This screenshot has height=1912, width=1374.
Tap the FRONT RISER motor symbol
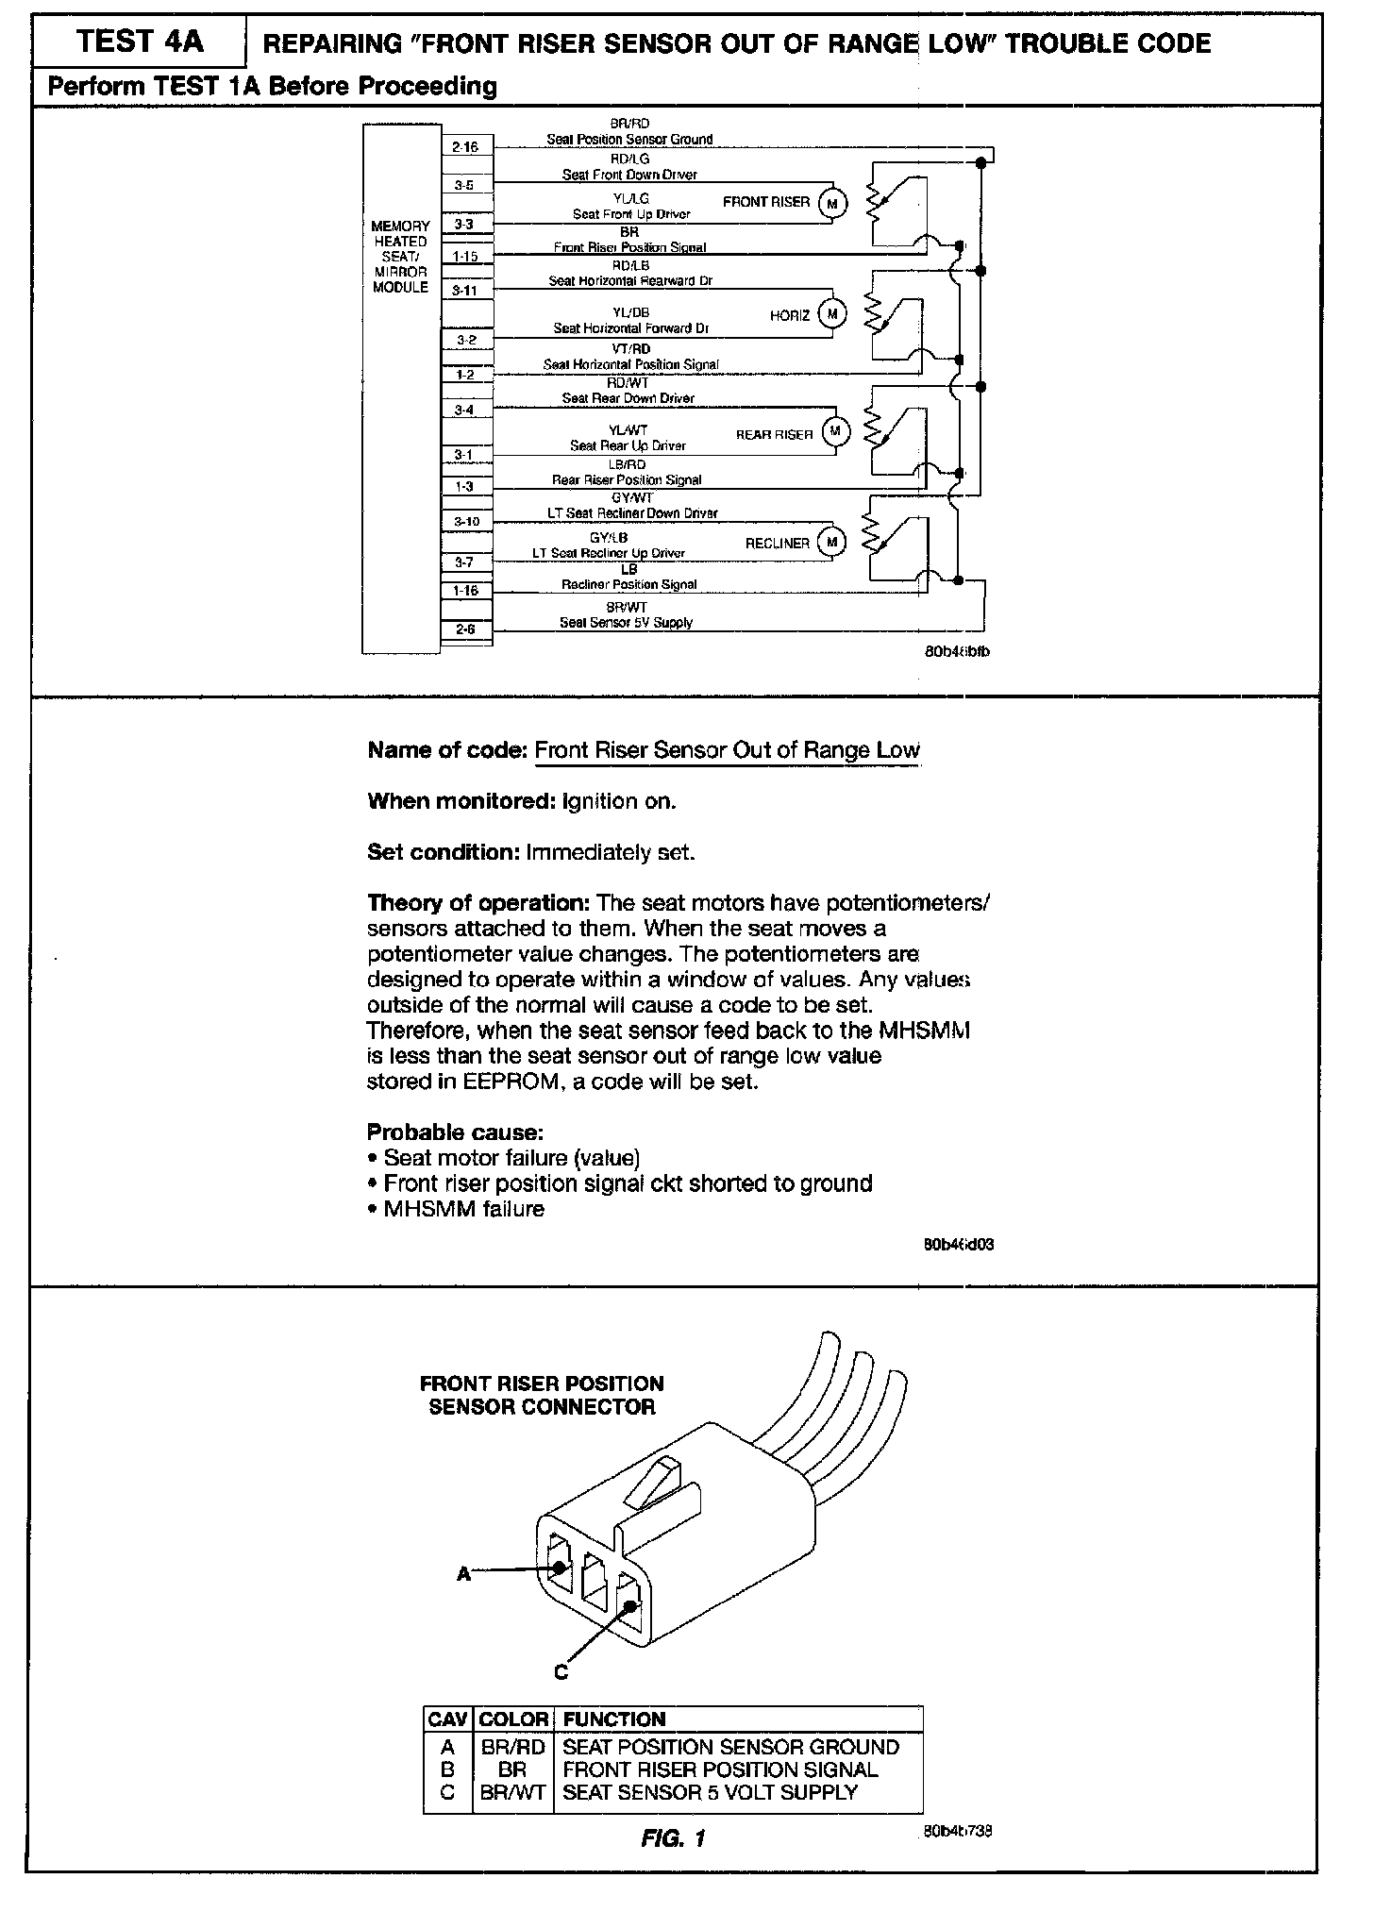pos(832,203)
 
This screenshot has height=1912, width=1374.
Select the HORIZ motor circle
pos(832,314)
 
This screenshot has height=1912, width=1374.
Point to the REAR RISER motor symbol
pos(835,432)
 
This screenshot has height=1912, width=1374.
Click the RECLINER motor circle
pos(832,543)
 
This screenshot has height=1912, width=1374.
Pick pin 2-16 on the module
pos(465,146)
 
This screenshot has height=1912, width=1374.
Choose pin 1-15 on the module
pos(465,256)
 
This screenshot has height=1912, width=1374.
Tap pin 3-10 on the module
pos(466,521)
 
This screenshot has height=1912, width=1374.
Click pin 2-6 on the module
pos(465,629)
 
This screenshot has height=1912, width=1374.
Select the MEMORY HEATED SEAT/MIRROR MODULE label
pos(401,257)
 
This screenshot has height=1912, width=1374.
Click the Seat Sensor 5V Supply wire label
pos(626,622)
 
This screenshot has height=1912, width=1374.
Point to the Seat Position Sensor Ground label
pos(629,139)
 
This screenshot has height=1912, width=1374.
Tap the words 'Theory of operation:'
pos(478,903)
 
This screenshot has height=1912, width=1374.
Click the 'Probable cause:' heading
pos(455,1132)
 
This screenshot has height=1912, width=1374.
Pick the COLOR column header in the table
pos(513,1719)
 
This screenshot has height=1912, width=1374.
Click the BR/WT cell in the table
pos(513,1792)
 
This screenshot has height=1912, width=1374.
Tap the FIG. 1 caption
pos(673,1838)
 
